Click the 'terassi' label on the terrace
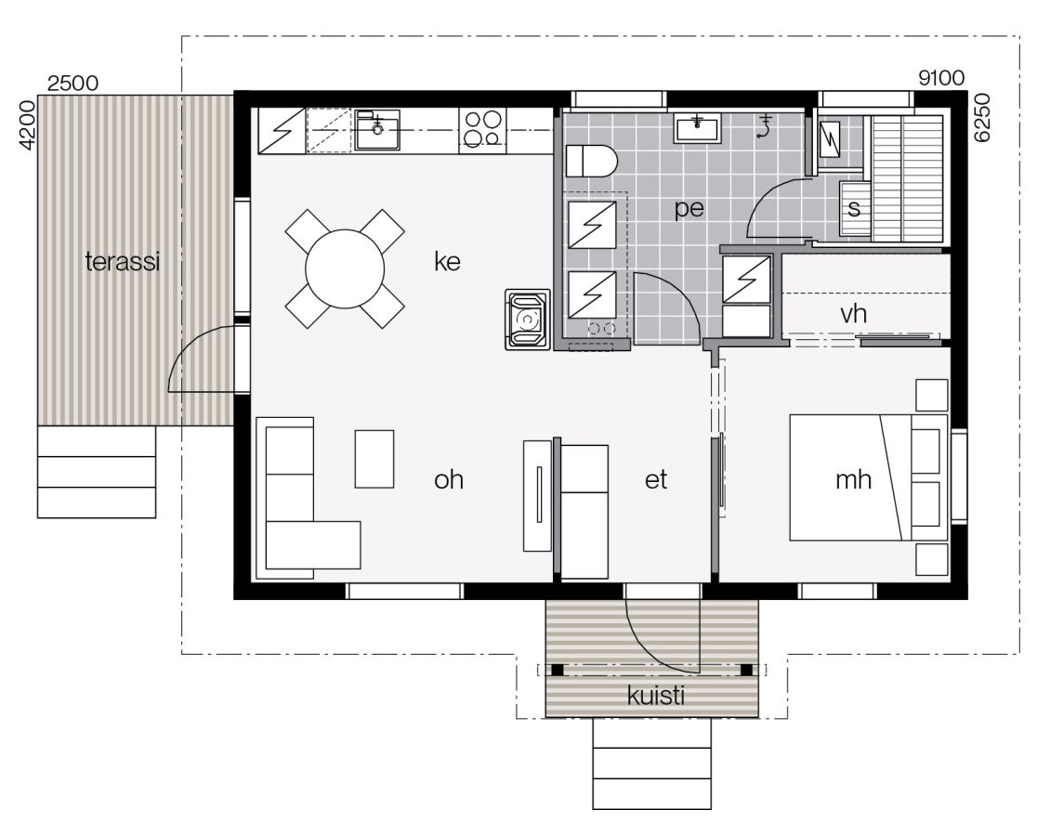point(123,262)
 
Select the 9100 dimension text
point(940,79)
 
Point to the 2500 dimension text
point(72,83)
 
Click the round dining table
point(345,268)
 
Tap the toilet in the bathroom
point(592,161)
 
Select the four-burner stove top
point(482,130)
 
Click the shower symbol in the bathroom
point(766,126)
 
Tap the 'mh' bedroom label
point(853,480)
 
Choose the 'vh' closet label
point(853,314)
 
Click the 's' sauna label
point(854,209)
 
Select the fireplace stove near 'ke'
point(528,320)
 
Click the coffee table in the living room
point(374,459)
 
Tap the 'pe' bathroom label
point(689,209)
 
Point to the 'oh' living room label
point(449,480)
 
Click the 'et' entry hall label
point(656,480)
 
